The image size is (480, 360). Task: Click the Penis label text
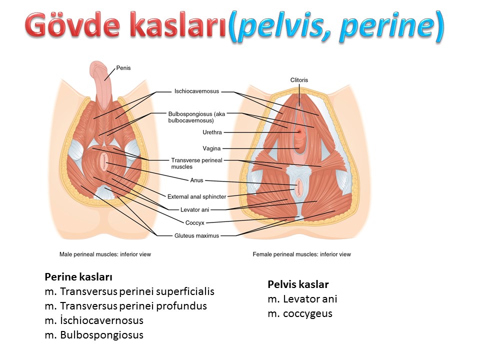pos(123,68)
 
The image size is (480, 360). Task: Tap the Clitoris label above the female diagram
pos(299,80)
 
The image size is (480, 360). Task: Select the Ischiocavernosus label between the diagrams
pos(197,91)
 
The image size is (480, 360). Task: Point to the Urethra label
pos(212,132)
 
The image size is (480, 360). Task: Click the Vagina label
pos(211,148)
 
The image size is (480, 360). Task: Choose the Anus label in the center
pos(196,180)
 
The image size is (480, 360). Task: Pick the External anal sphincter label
pos(197,196)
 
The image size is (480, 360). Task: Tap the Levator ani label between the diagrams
pos(194,209)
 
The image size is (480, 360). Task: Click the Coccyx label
pos(194,223)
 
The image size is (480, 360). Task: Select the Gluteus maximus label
pos(197,235)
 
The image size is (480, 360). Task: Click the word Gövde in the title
pos(72,25)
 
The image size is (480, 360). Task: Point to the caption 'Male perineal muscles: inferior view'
pos(105,254)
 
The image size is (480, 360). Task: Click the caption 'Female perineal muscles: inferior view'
pos(302,254)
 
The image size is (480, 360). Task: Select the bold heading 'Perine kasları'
pos(78,276)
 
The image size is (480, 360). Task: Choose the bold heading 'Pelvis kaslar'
pos(298,284)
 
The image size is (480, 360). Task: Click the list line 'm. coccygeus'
pos(300,314)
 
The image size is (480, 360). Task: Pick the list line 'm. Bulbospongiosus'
pos(94,335)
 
